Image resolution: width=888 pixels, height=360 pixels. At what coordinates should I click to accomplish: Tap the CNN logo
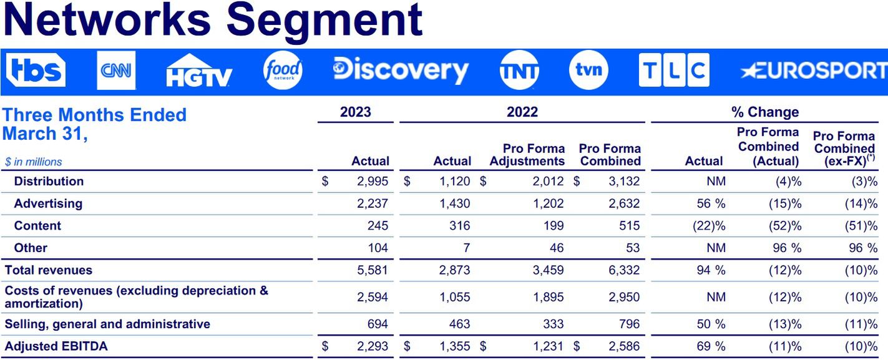click(x=116, y=71)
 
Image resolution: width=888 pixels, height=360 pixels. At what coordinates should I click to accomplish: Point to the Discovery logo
click(x=401, y=71)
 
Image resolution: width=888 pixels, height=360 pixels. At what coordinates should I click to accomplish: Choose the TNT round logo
click(x=519, y=71)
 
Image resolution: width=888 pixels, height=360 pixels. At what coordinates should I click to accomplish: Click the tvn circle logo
click(x=588, y=70)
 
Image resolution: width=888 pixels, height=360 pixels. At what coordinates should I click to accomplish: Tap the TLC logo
click(x=674, y=71)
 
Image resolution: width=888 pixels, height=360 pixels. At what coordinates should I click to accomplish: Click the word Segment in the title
click(x=324, y=20)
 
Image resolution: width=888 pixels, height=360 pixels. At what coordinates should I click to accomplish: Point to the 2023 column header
click(x=355, y=112)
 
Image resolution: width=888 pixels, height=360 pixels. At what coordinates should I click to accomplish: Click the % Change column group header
click(x=765, y=112)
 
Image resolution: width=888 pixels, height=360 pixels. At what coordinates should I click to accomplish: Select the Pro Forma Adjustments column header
click(x=527, y=155)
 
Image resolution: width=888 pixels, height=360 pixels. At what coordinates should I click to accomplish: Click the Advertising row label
click(x=48, y=203)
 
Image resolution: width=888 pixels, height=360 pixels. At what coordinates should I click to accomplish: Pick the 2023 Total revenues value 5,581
click(x=373, y=270)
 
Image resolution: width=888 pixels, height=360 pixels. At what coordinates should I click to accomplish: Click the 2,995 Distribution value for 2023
click(x=373, y=182)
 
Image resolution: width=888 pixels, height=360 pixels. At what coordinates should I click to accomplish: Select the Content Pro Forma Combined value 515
click(x=628, y=226)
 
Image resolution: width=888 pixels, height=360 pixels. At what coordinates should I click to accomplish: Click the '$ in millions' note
click(x=34, y=162)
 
